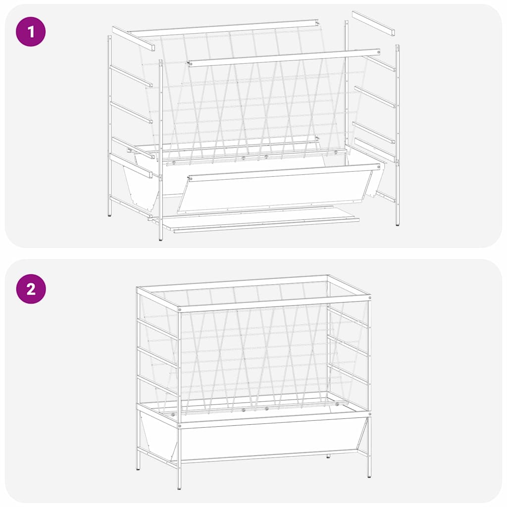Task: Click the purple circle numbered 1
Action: tap(31, 32)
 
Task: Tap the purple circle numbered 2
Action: tap(31, 288)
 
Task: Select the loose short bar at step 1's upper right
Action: tap(373, 23)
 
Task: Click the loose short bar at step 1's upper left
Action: tap(133, 39)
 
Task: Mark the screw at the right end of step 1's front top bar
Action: tap(379, 51)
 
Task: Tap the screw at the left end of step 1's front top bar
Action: tap(189, 63)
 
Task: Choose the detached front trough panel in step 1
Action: tap(277, 191)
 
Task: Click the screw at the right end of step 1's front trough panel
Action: tap(379, 167)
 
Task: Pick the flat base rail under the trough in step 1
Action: tap(260, 222)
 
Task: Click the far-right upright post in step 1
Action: tap(397, 134)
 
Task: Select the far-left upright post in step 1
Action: tap(109, 124)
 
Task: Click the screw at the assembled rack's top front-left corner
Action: tap(179, 310)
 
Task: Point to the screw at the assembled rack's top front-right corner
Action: tap(368, 299)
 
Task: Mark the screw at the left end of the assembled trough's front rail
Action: tap(179, 425)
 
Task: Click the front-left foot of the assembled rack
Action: tap(179, 487)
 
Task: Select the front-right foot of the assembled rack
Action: tap(369, 476)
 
